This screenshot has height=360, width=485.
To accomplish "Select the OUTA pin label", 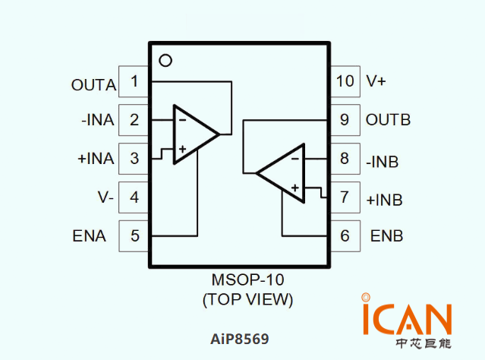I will pyautogui.click(x=93, y=84).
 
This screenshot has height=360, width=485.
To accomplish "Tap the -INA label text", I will pyautogui.click(x=96, y=120).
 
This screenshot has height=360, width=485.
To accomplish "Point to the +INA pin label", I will pyautogui.click(x=96, y=159).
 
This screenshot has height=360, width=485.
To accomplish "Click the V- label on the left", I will pyautogui.click(x=106, y=197).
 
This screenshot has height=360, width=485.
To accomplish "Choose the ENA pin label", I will pyautogui.click(x=90, y=236).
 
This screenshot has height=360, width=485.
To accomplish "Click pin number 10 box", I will pyautogui.click(x=345, y=81).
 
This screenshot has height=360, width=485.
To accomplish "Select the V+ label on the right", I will pyautogui.click(x=376, y=81).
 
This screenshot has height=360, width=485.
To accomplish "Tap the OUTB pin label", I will pyautogui.click(x=388, y=120).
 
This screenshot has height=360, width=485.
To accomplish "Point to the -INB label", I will pyautogui.click(x=382, y=162).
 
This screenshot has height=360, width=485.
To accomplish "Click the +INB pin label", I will pyautogui.click(x=384, y=201).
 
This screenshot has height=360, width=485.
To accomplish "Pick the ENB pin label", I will pyautogui.click(x=386, y=236).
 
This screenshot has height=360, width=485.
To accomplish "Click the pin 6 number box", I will pyautogui.click(x=345, y=236).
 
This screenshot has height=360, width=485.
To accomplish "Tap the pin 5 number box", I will pyautogui.click(x=134, y=236).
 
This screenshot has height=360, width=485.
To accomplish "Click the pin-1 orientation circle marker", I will pyautogui.click(x=165, y=60).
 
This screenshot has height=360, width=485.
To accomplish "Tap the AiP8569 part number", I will pyautogui.click(x=239, y=337).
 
